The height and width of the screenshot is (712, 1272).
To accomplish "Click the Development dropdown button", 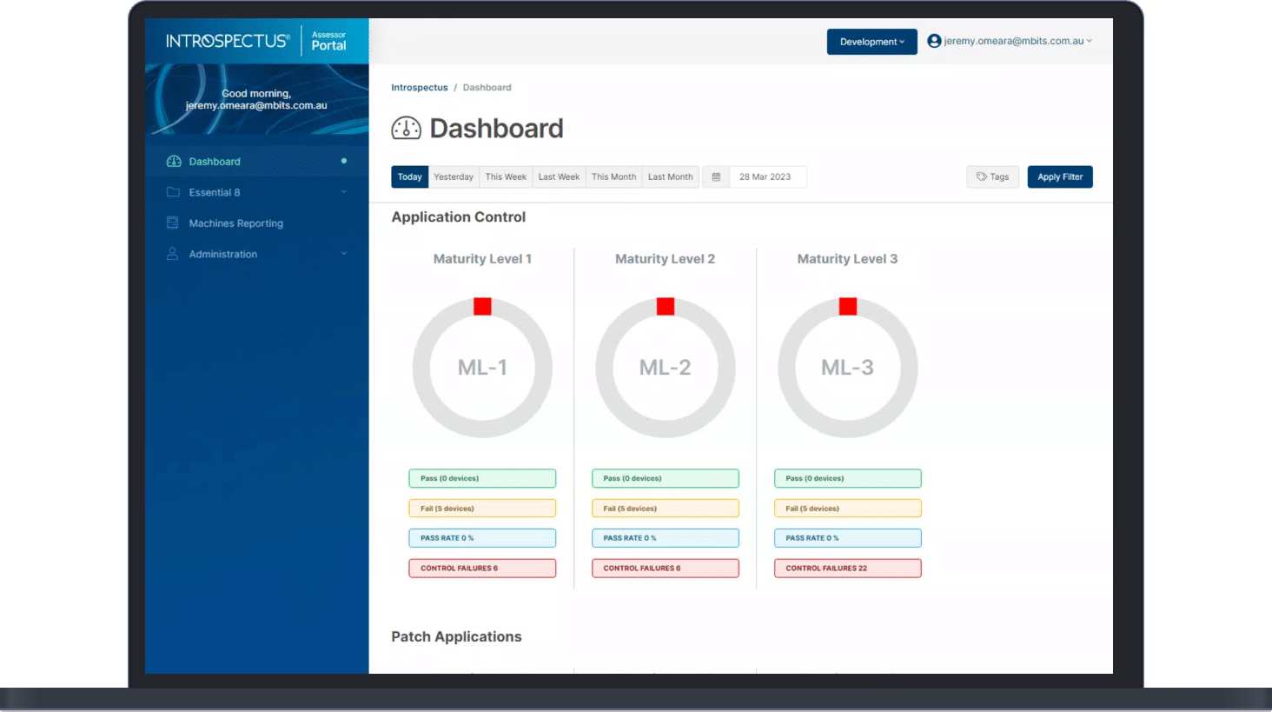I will click(x=871, y=42).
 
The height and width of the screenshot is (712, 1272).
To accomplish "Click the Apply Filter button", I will click(x=1059, y=176).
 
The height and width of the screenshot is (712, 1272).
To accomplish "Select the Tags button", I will click(x=992, y=176).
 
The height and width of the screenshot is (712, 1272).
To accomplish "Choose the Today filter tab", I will click(x=409, y=176).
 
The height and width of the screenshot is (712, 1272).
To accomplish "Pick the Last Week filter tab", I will click(x=559, y=176).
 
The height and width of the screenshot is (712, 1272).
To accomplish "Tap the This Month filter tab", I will click(x=613, y=176).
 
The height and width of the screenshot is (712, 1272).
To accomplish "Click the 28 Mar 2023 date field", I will click(x=765, y=176).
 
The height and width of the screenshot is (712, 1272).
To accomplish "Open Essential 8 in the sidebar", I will click(x=215, y=192).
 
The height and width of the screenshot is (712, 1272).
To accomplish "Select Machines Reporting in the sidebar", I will click(x=235, y=223).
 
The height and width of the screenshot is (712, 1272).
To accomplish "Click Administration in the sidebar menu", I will click(x=222, y=254).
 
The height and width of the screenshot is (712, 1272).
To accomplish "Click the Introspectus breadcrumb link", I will click(x=420, y=88).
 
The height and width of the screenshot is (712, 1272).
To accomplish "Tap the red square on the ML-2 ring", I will click(x=666, y=306).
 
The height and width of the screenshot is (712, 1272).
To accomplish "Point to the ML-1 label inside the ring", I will click(x=482, y=368).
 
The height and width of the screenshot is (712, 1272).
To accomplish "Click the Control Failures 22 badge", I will click(x=847, y=569).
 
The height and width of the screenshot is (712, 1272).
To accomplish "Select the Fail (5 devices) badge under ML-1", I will click(x=482, y=509).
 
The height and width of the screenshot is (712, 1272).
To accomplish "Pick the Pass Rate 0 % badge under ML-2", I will click(x=665, y=538).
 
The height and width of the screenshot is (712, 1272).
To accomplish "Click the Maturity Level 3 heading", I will click(x=847, y=259).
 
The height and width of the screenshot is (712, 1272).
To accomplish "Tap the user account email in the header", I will click(x=1013, y=41).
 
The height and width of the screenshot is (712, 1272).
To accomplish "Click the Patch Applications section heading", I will click(x=456, y=636).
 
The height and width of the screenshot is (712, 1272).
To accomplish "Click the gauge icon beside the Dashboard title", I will click(x=406, y=129).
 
